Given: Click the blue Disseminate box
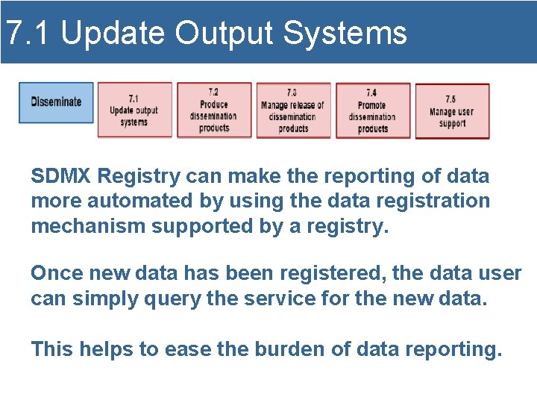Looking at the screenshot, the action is point(56,102).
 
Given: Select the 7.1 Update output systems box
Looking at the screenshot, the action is point(134,110).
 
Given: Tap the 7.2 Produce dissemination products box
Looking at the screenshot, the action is point(213,110).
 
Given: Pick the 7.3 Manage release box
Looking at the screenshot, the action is point(293,110).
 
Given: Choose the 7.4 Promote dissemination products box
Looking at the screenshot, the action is point(372,110).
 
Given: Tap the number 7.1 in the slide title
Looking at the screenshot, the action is point(28,33).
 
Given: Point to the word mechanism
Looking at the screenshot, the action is point(88,226).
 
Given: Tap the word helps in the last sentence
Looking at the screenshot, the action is point(104,349).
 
